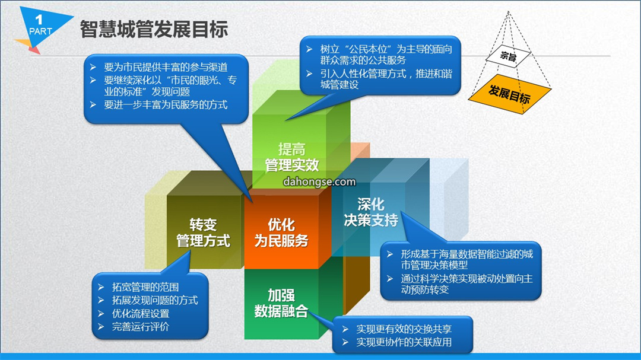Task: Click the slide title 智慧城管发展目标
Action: point(154,30)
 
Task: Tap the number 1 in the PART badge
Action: point(39,19)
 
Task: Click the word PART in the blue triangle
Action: point(40,31)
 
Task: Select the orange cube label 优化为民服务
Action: point(281,232)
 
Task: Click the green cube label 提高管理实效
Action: point(291,157)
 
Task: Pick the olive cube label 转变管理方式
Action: point(203,232)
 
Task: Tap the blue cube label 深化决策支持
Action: point(371,212)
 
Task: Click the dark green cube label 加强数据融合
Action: point(281,303)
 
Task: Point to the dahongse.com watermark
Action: point(319,181)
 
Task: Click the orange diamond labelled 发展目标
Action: point(509,94)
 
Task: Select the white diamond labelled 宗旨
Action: point(508,56)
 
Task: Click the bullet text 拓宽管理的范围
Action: point(145,287)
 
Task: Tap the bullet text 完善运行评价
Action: point(141,327)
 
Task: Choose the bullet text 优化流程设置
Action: point(141,314)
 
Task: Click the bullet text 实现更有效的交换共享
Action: point(404,329)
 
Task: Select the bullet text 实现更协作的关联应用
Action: point(404,342)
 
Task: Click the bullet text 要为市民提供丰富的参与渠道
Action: point(166,67)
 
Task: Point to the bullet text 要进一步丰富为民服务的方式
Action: point(166,104)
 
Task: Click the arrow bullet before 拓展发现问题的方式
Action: point(101,300)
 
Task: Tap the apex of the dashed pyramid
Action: point(508,11)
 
